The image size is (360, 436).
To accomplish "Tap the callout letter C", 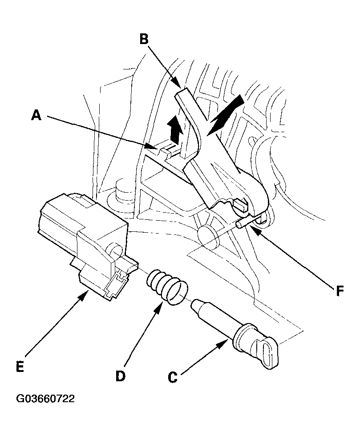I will tap(173, 377).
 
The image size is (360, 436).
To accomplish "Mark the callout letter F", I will tap(340, 291).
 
